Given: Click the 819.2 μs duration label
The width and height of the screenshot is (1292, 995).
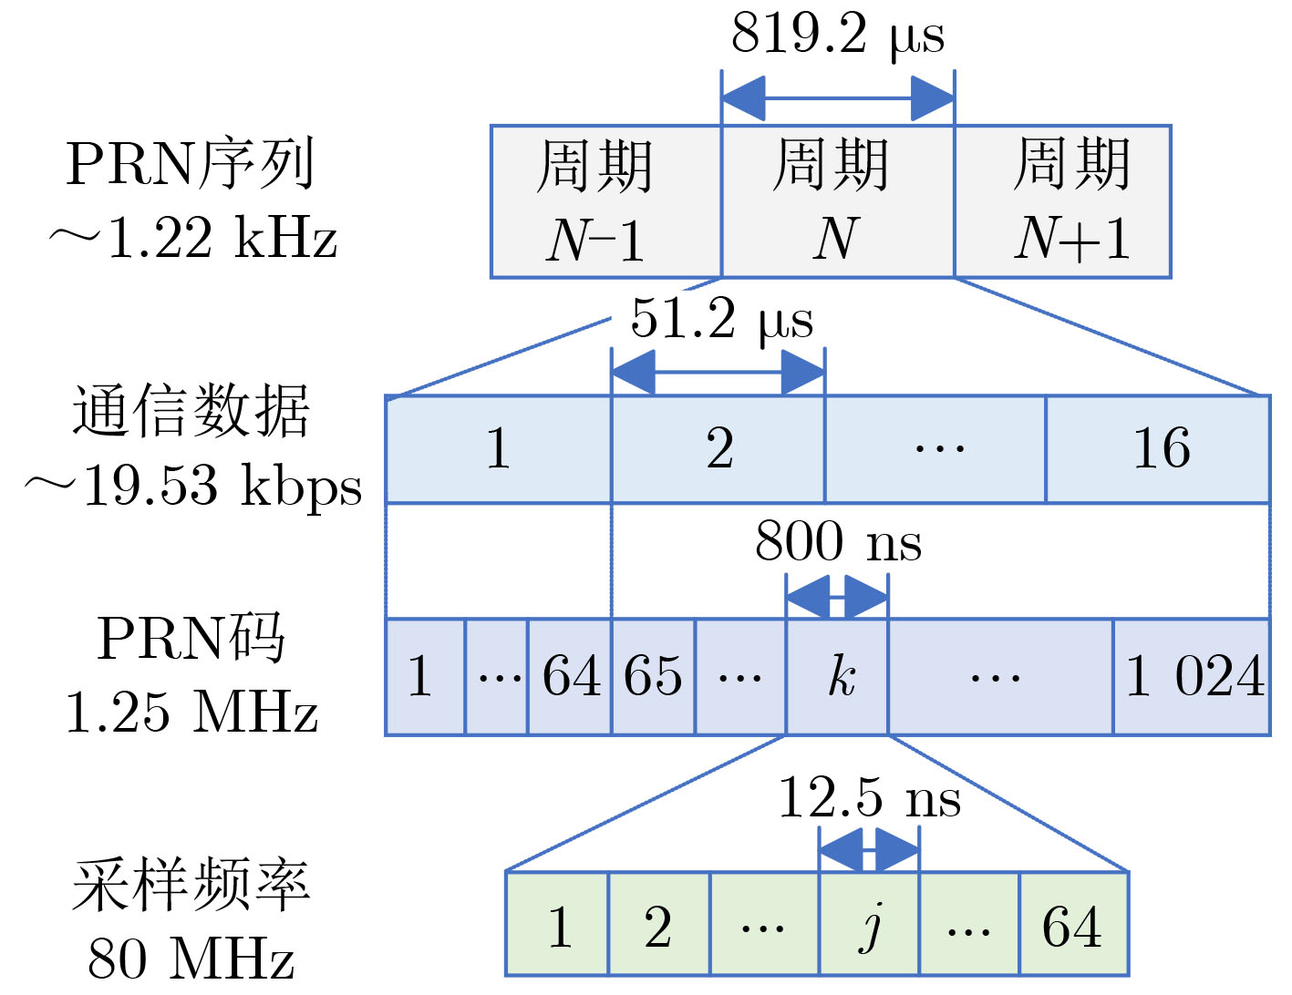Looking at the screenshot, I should click(837, 35).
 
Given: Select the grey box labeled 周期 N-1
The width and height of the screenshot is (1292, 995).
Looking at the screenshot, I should click(605, 201).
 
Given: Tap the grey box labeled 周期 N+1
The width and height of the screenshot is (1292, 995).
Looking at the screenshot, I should click(1062, 201).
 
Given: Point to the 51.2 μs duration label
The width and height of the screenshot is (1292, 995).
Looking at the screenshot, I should click(721, 319).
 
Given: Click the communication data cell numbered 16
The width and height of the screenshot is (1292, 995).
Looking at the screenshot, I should click(1158, 449).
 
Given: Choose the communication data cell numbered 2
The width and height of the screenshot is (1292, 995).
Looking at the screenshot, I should click(718, 449).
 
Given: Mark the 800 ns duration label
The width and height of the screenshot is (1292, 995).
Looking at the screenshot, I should click(837, 541).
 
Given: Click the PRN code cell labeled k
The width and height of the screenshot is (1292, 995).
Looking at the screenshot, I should click(837, 677).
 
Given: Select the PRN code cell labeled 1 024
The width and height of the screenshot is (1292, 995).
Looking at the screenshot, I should click(1192, 677).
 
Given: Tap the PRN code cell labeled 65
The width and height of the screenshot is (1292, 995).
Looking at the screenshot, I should click(653, 677).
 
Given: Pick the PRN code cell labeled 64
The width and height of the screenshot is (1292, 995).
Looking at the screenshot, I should click(570, 677).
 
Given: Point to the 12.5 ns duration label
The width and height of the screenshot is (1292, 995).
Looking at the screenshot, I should click(869, 798).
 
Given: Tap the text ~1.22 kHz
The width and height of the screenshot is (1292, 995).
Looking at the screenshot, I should click(192, 239).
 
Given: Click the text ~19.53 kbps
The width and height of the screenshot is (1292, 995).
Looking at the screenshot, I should click(192, 485).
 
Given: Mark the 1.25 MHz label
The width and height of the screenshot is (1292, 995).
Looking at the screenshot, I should click(191, 712).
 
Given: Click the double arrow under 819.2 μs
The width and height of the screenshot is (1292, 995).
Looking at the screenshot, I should click(837, 98).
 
